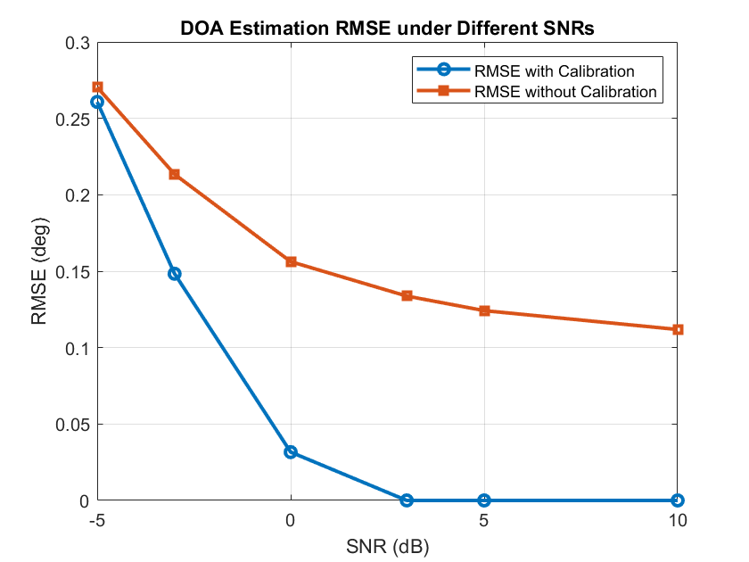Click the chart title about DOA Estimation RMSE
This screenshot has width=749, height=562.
[388, 29]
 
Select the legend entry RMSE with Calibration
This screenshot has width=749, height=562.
[566, 70]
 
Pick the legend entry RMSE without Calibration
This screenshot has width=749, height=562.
[566, 91]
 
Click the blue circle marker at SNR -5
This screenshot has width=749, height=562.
[97, 102]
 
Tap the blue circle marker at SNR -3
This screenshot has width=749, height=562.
[175, 274]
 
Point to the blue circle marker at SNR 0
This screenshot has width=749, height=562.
[291, 452]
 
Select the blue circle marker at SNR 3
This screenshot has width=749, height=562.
[407, 500]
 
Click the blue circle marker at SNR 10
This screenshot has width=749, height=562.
[678, 500]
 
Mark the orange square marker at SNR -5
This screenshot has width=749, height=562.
[97, 87]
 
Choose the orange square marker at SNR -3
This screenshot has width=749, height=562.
[175, 174]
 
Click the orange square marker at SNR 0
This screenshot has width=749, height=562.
[291, 262]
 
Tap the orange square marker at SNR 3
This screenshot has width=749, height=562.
[407, 296]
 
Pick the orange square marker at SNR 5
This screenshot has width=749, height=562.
[484, 310]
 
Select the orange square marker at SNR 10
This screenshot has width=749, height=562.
[678, 329]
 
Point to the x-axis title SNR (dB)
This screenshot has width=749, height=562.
[388, 544]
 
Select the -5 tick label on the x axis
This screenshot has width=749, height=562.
[97, 520]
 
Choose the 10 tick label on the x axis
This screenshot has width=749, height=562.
[678, 520]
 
